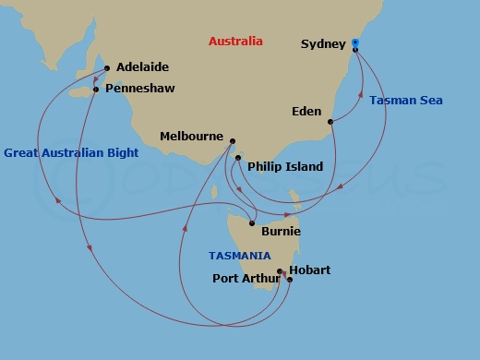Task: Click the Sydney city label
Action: (323, 44)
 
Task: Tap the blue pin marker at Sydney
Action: (355, 43)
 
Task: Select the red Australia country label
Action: (235, 42)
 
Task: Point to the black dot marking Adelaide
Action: (108, 67)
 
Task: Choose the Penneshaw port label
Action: (140, 89)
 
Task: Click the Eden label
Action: (306, 112)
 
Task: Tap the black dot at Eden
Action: (330, 121)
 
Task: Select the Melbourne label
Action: (193, 136)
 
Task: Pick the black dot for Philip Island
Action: (238, 159)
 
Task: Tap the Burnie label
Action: (281, 232)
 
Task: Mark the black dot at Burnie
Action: (252, 222)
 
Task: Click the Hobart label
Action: (309, 270)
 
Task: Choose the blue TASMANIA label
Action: (239, 256)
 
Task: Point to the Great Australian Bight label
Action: (71, 153)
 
